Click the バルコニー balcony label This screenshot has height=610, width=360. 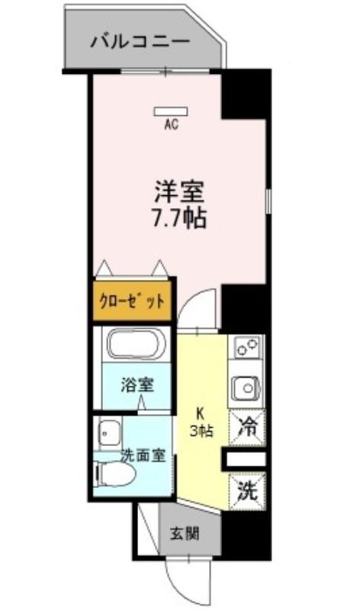140,41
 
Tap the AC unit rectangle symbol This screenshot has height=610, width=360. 171,111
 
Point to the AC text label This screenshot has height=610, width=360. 172,124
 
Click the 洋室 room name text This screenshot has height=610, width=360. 179,192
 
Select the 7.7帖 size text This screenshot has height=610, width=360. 178,219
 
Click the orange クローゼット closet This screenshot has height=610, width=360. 132,300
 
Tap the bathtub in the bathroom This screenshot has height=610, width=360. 136,344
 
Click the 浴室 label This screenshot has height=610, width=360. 137,385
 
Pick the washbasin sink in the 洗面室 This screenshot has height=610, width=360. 109,432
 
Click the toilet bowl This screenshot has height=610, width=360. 116,474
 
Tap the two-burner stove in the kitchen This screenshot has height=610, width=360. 248,347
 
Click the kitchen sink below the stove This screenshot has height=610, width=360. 246,387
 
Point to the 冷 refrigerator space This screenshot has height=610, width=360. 248,428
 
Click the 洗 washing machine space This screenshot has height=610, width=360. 248,490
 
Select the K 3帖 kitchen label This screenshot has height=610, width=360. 201,422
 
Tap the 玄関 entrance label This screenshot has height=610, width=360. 185,534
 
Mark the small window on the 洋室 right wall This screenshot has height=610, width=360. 268,201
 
